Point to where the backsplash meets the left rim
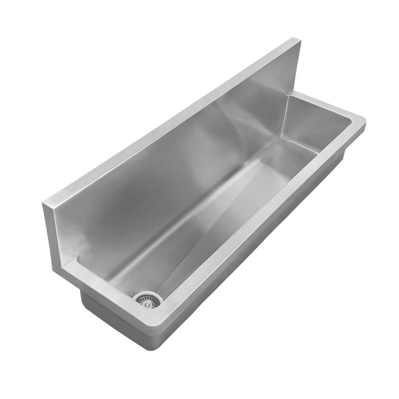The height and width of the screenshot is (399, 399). tap(77, 259)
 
